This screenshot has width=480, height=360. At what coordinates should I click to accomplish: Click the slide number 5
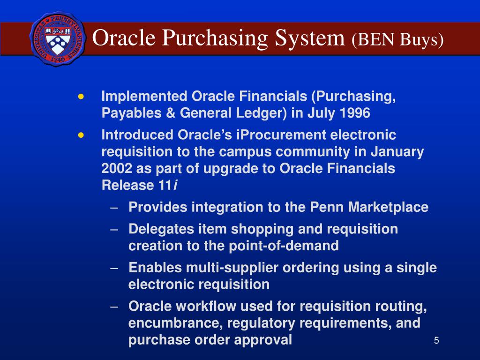[436, 340]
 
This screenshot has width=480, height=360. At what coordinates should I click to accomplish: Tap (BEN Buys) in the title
[397, 39]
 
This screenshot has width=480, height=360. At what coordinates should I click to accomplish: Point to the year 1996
[353, 113]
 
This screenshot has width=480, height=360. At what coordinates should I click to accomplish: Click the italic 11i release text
[168, 186]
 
